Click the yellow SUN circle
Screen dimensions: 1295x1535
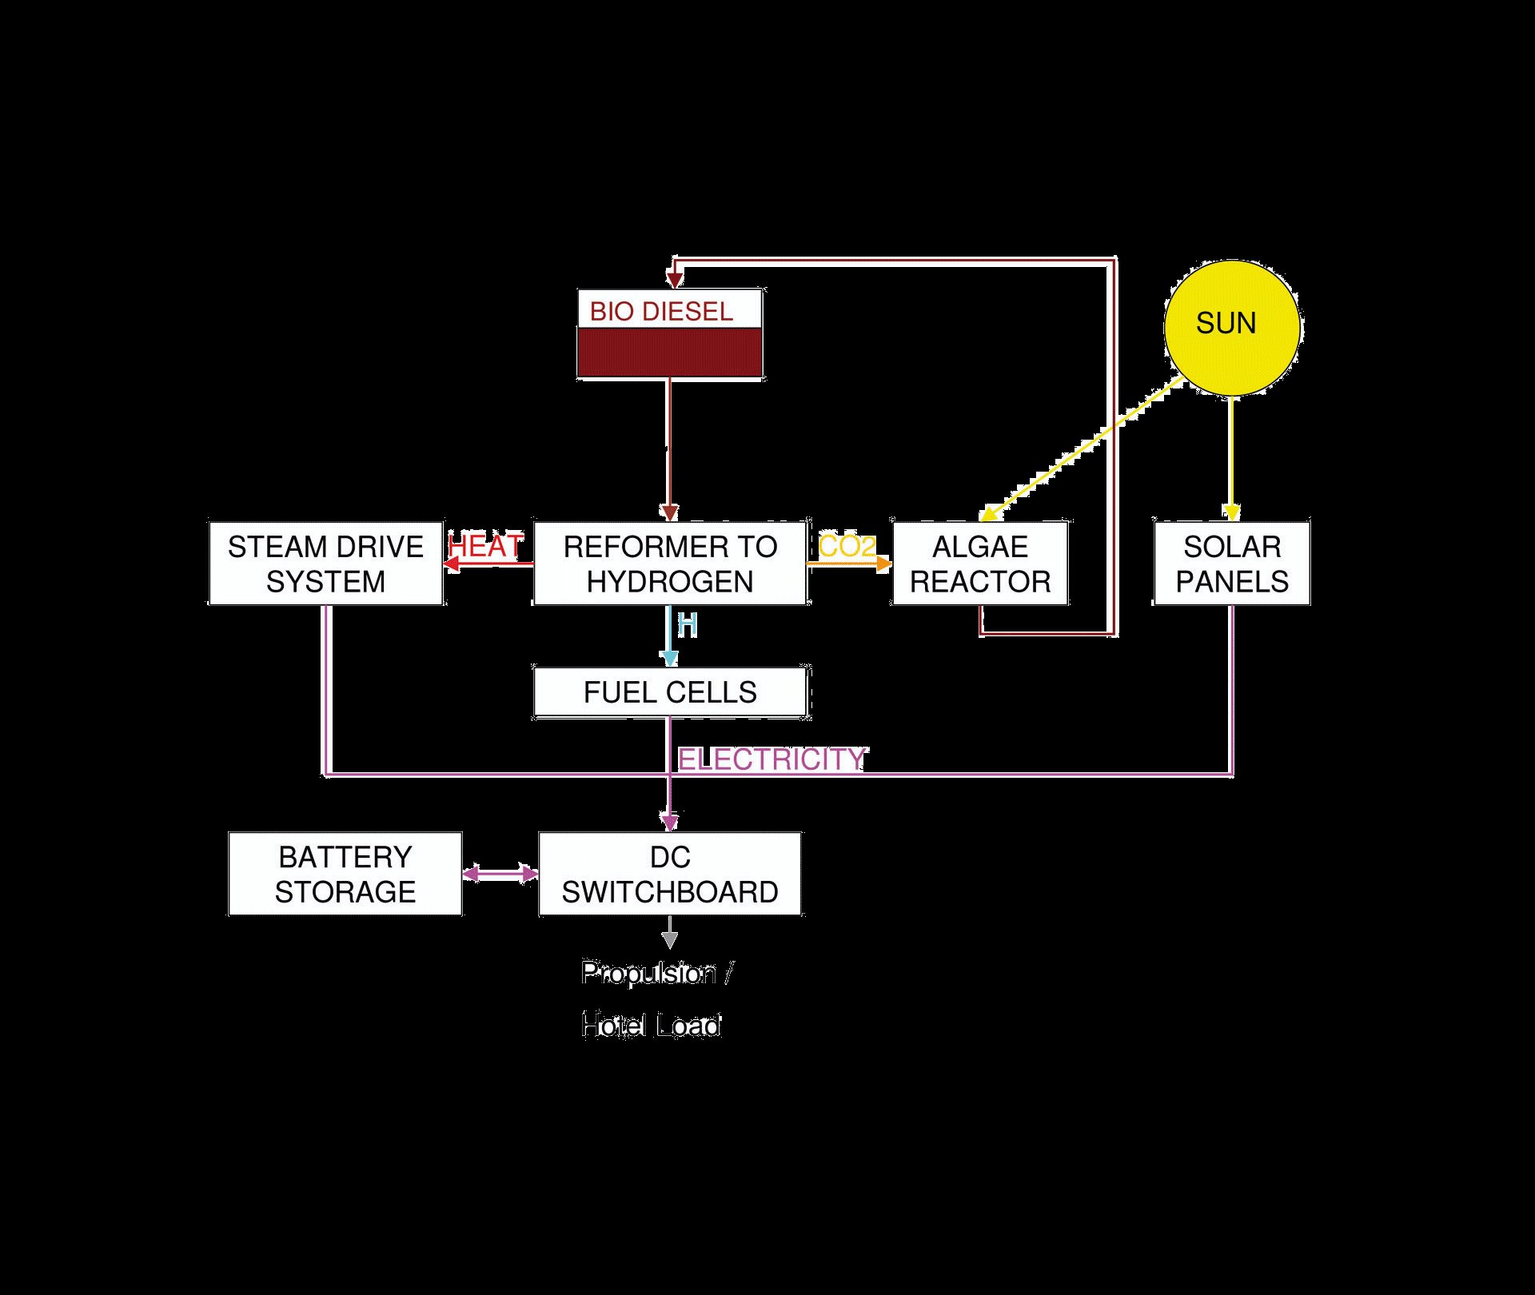pyautogui.click(x=1230, y=327)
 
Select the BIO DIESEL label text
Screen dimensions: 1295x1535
pyautogui.click(x=661, y=312)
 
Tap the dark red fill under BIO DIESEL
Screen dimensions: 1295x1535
pyautogui.click(x=670, y=353)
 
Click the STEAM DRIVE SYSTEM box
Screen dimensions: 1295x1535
pyautogui.click(x=325, y=564)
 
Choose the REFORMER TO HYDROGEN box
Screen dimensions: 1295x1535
pyautogui.click(x=670, y=564)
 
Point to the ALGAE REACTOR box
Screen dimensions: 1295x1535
pyautogui.click(x=980, y=564)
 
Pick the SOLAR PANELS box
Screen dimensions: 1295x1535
pyautogui.click(x=1231, y=564)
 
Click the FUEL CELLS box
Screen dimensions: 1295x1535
pyautogui.click(x=670, y=692)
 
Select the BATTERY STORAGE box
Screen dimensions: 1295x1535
pyautogui.click(x=345, y=874)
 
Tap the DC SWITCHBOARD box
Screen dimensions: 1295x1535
pyautogui.click(x=670, y=874)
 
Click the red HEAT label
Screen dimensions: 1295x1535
pyautogui.click(x=485, y=547)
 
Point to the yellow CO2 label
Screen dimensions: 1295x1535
pyautogui.click(x=847, y=547)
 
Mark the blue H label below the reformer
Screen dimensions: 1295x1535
pyautogui.click(x=688, y=625)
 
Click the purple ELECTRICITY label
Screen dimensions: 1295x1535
pyautogui.click(x=771, y=759)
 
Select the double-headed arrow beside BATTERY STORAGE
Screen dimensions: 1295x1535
pyautogui.click(x=500, y=874)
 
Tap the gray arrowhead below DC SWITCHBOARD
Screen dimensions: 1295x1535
pyautogui.click(x=670, y=940)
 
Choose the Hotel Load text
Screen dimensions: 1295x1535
pyautogui.click(x=652, y=1025)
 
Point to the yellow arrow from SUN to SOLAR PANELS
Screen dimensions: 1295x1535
pyautogui.click(x=1231, y=456)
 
